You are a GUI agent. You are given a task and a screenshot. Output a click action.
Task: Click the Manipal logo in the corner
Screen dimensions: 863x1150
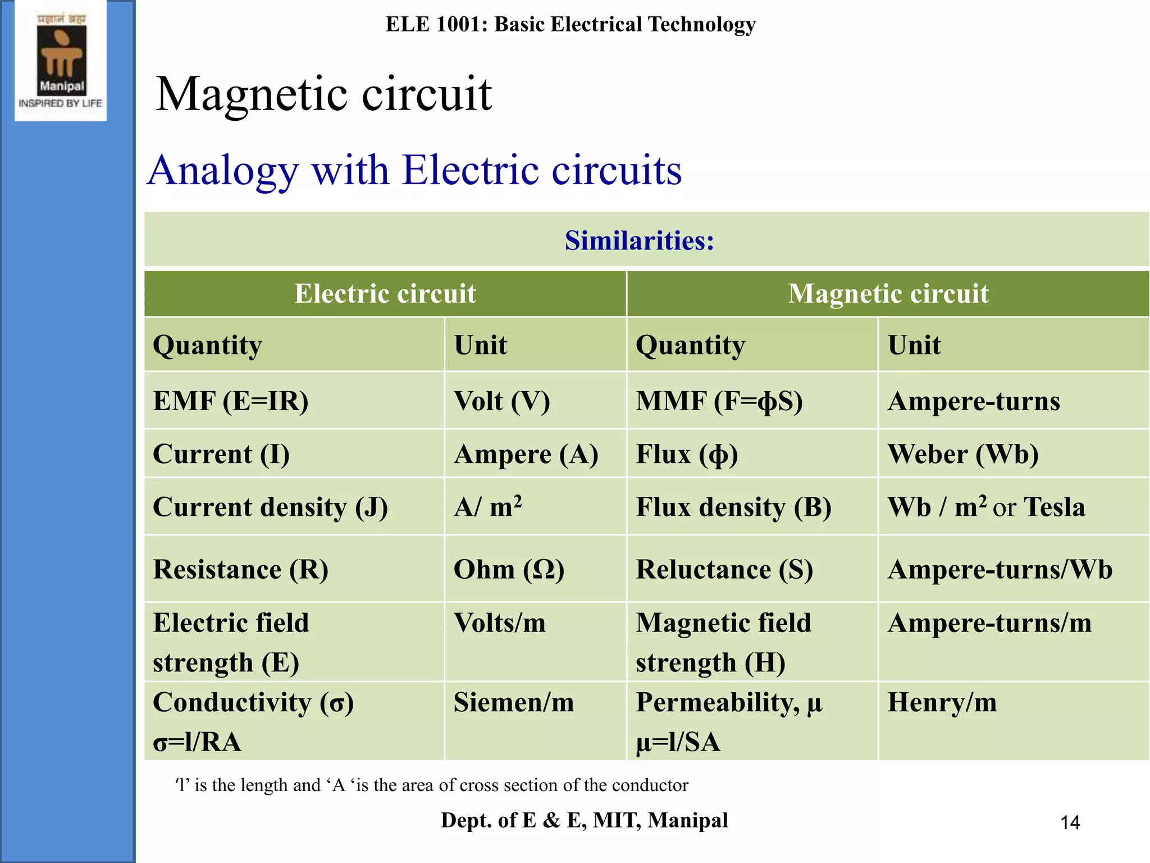coord(61,61)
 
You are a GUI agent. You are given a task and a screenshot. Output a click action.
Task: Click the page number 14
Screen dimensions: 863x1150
coord(1070,823)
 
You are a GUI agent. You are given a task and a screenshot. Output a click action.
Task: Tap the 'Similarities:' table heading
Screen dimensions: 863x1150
coord(639,240)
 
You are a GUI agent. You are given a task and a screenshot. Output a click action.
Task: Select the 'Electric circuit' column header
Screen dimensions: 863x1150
coord(385,293)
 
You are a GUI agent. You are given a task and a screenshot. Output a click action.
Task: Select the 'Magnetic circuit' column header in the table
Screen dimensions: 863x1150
coord(888,293)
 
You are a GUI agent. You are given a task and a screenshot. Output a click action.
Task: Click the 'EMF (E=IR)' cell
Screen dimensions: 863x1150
coord(231,401)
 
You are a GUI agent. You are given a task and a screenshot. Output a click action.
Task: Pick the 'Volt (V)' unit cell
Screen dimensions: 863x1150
coord(501,401)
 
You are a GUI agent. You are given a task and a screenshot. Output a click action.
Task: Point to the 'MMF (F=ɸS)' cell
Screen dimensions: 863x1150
coord(719,401)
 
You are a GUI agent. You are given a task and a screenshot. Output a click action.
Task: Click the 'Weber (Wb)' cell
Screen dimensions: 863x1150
coord(963,454)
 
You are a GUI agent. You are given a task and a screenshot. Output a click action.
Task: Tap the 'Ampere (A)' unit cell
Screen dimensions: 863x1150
coord(526,454)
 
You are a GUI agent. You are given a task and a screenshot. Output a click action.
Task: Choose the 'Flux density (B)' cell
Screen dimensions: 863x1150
coord(733,507)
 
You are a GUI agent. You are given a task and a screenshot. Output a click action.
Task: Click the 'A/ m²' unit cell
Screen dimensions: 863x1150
coord(488,507)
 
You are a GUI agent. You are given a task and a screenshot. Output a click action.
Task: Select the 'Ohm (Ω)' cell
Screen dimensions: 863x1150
coord(509,569)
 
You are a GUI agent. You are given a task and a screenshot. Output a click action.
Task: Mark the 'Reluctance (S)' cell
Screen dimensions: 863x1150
coord(724,569)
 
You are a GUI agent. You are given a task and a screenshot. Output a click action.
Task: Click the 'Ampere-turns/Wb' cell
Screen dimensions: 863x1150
coord(1000,569)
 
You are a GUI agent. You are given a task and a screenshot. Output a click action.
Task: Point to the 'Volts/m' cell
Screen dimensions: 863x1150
coord(499,623)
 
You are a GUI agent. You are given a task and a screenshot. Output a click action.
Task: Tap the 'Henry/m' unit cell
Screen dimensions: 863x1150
coord(942,702)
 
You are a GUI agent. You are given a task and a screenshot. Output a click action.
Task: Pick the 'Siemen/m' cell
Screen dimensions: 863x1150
coord(514,702)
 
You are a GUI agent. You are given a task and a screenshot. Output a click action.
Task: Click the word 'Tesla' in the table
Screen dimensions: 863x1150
coord(1055,507)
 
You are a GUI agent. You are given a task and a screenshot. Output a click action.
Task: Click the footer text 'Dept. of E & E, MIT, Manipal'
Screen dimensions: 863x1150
coord(584,820)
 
